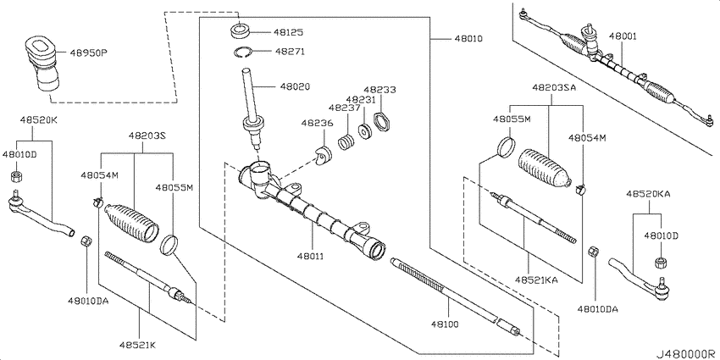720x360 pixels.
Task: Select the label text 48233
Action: (379, 90)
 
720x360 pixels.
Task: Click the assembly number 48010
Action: (469, 39)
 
